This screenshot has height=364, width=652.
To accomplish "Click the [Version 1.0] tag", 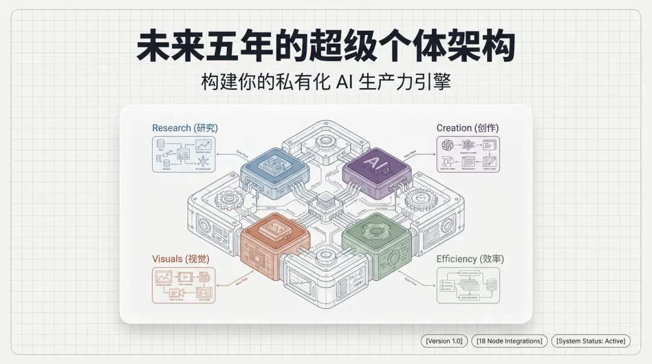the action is click(444, 341).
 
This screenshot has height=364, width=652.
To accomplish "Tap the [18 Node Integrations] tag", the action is click(510, 341).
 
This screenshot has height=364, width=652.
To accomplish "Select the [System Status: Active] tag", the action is click(591, 341).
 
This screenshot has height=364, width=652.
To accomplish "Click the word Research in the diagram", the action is click(171, 128).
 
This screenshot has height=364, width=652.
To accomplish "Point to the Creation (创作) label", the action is click(468, 128).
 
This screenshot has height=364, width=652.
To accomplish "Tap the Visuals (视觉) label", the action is click(181, 259).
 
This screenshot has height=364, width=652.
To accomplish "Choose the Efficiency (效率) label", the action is click(470, 259).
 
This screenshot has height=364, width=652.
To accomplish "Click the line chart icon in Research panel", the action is click(204, 145).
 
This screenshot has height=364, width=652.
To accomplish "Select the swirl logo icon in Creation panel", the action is click(447, 145).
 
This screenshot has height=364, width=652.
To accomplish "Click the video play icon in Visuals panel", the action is click(184, 276).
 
